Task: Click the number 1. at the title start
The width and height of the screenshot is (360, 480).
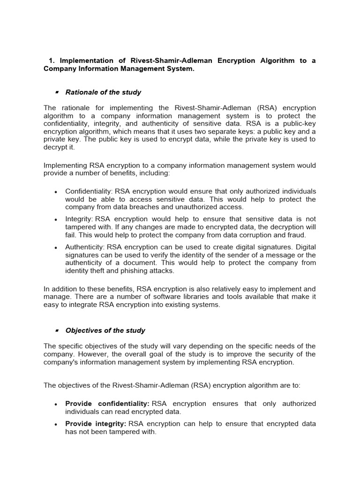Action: (x=52, y=61)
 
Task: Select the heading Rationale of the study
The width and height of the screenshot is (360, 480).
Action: (x=103, y=92)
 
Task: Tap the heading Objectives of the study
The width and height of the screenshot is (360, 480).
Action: (x=105, y=330)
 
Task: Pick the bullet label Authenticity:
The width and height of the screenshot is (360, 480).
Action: (x=85, y=247)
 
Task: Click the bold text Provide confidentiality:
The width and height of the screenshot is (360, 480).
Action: (x=107, y=404)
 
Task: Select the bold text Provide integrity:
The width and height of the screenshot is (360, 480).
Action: (x=96, y=424)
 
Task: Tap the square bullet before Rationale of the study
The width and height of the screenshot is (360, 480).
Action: (x=56, y=92)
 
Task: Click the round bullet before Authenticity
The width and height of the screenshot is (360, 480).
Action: (x=56, y=247)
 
